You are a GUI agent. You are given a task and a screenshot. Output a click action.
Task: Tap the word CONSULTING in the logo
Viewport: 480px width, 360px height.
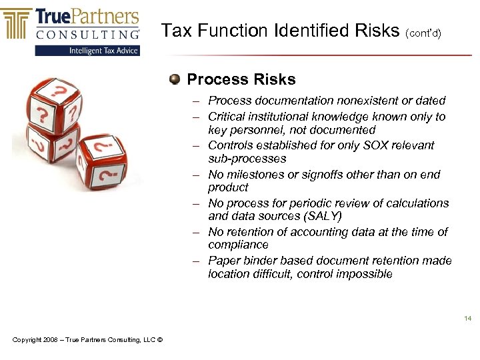[x=89, y=33]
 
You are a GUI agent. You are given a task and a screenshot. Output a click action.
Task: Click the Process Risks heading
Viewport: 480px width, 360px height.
[x=241, y=80]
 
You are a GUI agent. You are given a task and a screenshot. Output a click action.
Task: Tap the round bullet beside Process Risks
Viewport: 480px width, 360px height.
[x=175, y=80]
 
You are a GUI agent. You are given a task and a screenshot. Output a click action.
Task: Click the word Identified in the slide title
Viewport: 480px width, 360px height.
[x=308, y=31]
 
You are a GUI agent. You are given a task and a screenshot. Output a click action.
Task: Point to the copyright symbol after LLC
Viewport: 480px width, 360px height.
[x=161, y=341]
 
